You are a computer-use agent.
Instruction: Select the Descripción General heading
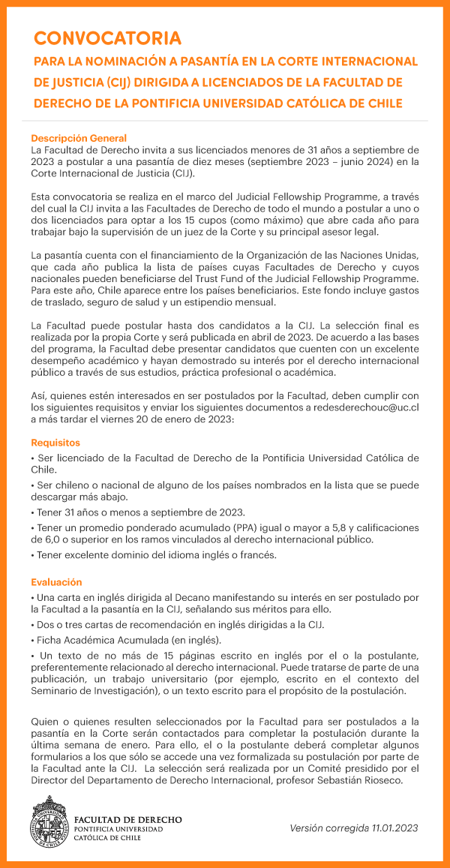tap(78, 138)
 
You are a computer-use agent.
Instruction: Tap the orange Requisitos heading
tap(55, 443)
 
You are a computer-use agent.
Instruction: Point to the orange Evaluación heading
tap(56, 582)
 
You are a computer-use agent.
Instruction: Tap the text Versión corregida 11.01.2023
tap(354, 827)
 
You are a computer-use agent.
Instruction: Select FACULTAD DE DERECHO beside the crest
tap(128, 818)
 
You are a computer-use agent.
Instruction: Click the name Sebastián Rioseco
tap(373, 780)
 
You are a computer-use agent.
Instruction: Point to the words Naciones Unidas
tap(375, 256)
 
